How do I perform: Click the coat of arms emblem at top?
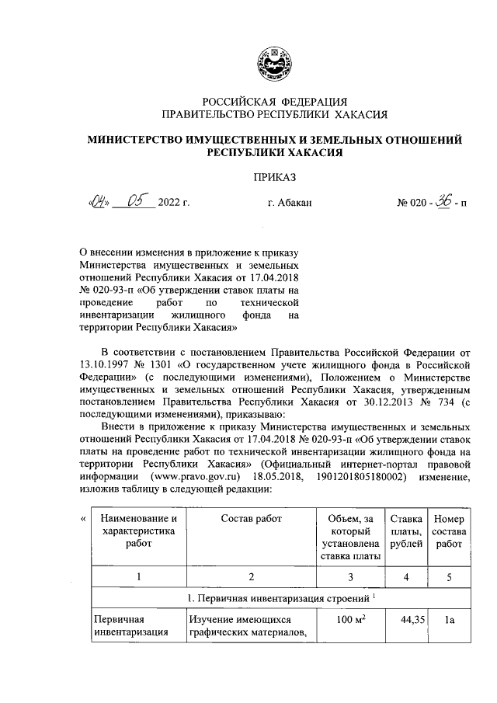point(274,63)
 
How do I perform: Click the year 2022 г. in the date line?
point(174,204)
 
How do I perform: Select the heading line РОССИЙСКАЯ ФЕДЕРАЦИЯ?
point(274,102)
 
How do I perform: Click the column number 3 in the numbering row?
point(350,577)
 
